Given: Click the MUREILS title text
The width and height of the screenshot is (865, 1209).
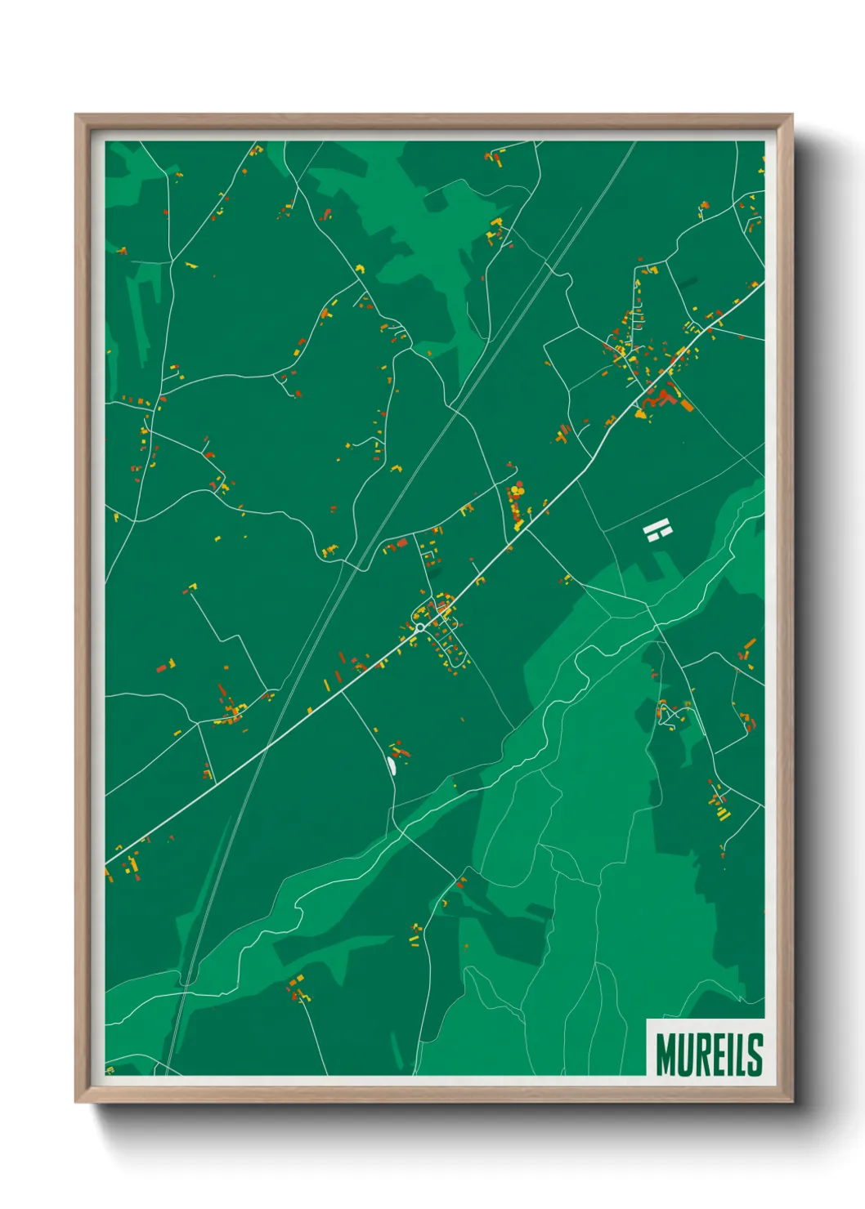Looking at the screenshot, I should click(708, 1055).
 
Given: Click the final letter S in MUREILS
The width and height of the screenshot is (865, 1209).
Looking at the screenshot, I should click(755, 1055).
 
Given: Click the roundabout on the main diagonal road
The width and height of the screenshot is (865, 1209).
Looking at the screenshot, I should click(419, 627).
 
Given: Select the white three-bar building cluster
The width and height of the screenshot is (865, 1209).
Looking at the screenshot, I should click(657, 532).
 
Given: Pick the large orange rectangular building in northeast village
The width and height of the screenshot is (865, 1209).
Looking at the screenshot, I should click(687, 405).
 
